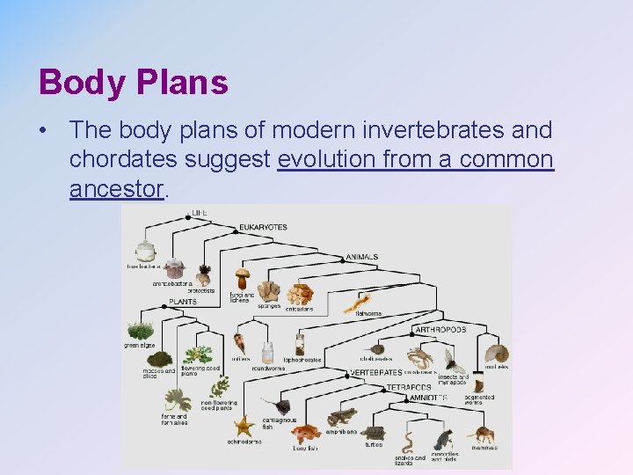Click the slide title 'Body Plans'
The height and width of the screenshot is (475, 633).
pyautogui.click(x=134, y=83)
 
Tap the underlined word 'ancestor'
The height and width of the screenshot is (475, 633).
pyautogui.click(x=117, y=188)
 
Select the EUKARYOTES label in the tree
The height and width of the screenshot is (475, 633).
pyautogui.click(x=263, y=227)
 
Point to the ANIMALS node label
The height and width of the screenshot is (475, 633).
pyautogui.click(x=361, y=257)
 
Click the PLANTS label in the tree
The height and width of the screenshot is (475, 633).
pyautogui.click(x=183, y=302)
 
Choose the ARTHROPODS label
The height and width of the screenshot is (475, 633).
pyautogui.click(x=440, y=330)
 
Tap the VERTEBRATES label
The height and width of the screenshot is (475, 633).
pyautogui.click(x=375, y=372)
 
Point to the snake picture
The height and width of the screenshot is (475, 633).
pyautogui.click(x=409, y=439)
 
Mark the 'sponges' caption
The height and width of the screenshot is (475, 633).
pyautogui.click(x=269, y=306)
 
